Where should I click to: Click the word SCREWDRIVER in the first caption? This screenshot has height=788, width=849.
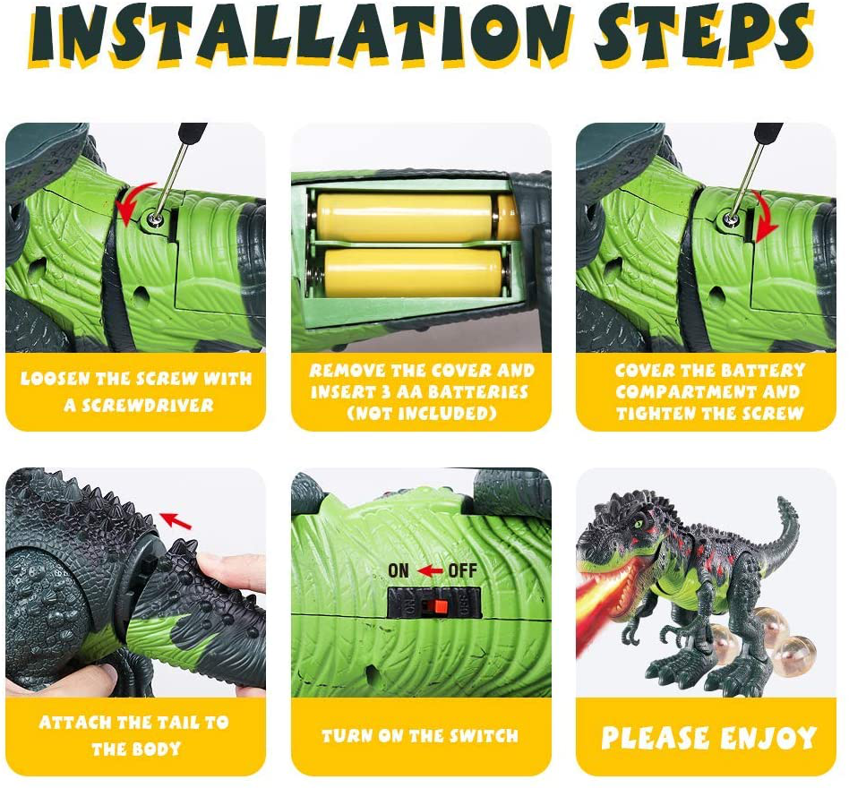[x=139, y=406]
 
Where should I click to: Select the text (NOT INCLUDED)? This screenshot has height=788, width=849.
[x=421, y=413]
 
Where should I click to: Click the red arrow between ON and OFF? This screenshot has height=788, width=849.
[x=431, y=570]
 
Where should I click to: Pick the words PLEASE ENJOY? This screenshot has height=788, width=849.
[x=709, y=738]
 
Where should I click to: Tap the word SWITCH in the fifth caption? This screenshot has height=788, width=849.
[x=483, y=736]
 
